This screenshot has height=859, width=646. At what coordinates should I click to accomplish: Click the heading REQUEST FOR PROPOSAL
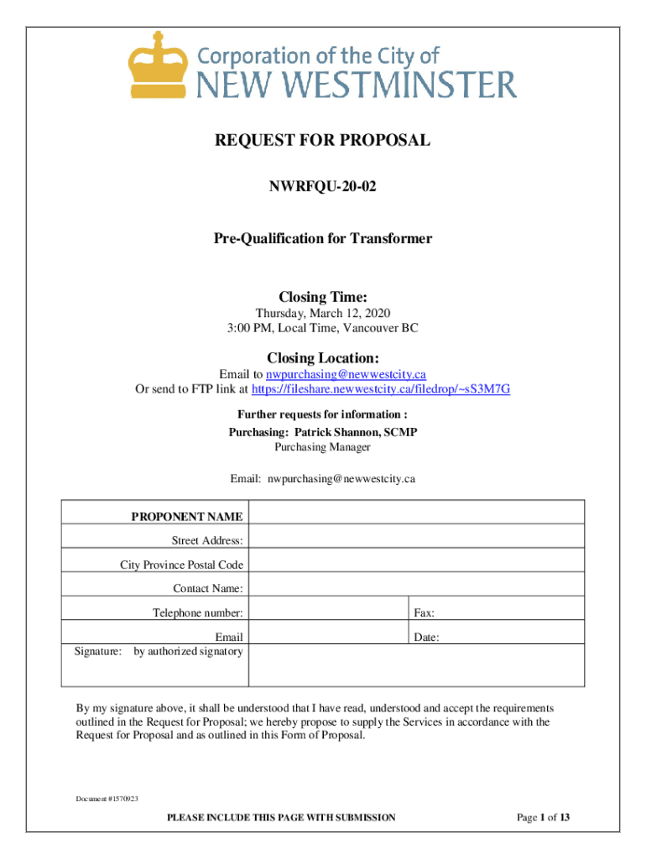pos(323,141)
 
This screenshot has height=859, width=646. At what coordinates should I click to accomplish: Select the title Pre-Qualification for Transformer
pos(323,239)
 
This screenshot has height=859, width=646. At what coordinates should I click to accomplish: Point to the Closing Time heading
pos(323,297)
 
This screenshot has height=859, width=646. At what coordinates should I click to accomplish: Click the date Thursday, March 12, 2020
pos(323,313)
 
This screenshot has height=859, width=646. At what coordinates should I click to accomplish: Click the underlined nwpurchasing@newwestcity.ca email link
pos(352,375)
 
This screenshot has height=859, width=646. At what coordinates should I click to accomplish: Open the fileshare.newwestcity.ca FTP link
pos(381,389)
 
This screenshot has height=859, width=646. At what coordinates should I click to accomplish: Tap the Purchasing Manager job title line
pos(323,447)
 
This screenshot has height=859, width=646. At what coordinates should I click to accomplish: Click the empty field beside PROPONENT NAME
pos(416,513)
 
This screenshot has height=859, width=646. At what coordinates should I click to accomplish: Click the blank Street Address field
pos(416,537)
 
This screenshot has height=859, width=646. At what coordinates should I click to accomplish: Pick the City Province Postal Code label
pos(181,565)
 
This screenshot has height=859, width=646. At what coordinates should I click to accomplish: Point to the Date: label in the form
pos(426,638)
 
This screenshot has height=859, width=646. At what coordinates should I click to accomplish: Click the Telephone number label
pos(197,613)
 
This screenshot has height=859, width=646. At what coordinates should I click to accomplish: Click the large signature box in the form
pos(416,667)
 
